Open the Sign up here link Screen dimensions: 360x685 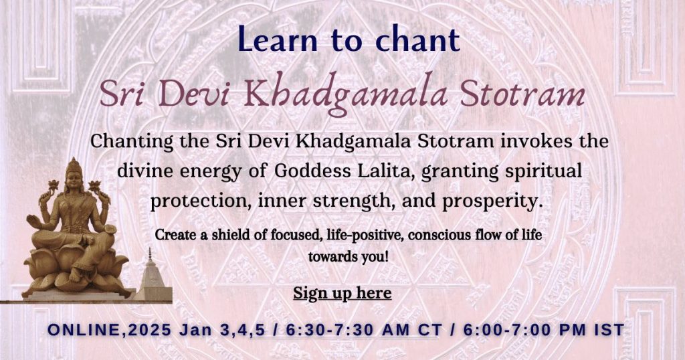(x=342, y=293)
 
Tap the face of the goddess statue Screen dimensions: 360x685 (x=74, y=183)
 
